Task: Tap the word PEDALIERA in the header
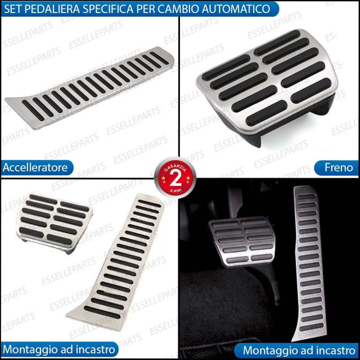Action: [53, 9]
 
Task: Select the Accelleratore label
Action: [35, 167]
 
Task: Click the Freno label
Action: [339, 167]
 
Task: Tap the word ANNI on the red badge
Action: [175, 190]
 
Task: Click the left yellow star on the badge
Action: [163, 178]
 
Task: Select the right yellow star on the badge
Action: [188, 178]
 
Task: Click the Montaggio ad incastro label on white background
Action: [59, 350]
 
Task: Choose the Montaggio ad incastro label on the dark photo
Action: [299, 351]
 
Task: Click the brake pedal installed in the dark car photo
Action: [242, 241]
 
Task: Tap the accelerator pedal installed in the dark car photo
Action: [309, 264]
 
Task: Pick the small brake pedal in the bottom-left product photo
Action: [54, 223]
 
